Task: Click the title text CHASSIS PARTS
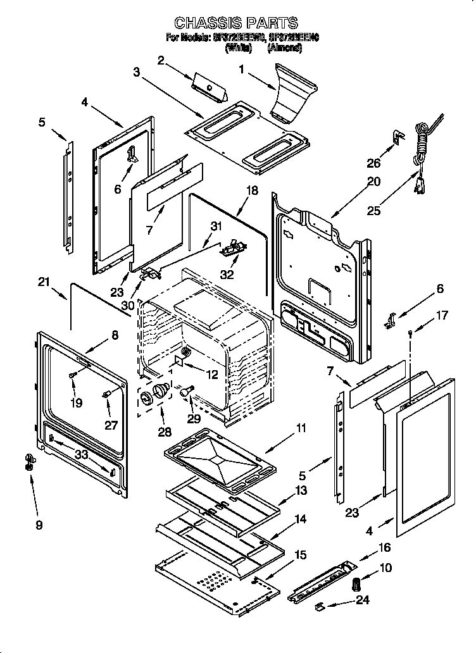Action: [x=235, y=23]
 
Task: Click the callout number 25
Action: [x=374, y=211]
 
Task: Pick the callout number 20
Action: [x=373, y=182]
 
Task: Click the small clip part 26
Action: [x=398, y=137]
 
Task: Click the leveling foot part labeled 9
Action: [x=28, y=463]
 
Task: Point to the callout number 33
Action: [x=80, y=454]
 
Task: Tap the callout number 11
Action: [x=300, y=429]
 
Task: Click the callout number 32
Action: [x=227, y=275]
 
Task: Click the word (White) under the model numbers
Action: [x=239, y=47]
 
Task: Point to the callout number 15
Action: [x=300, y=555]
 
